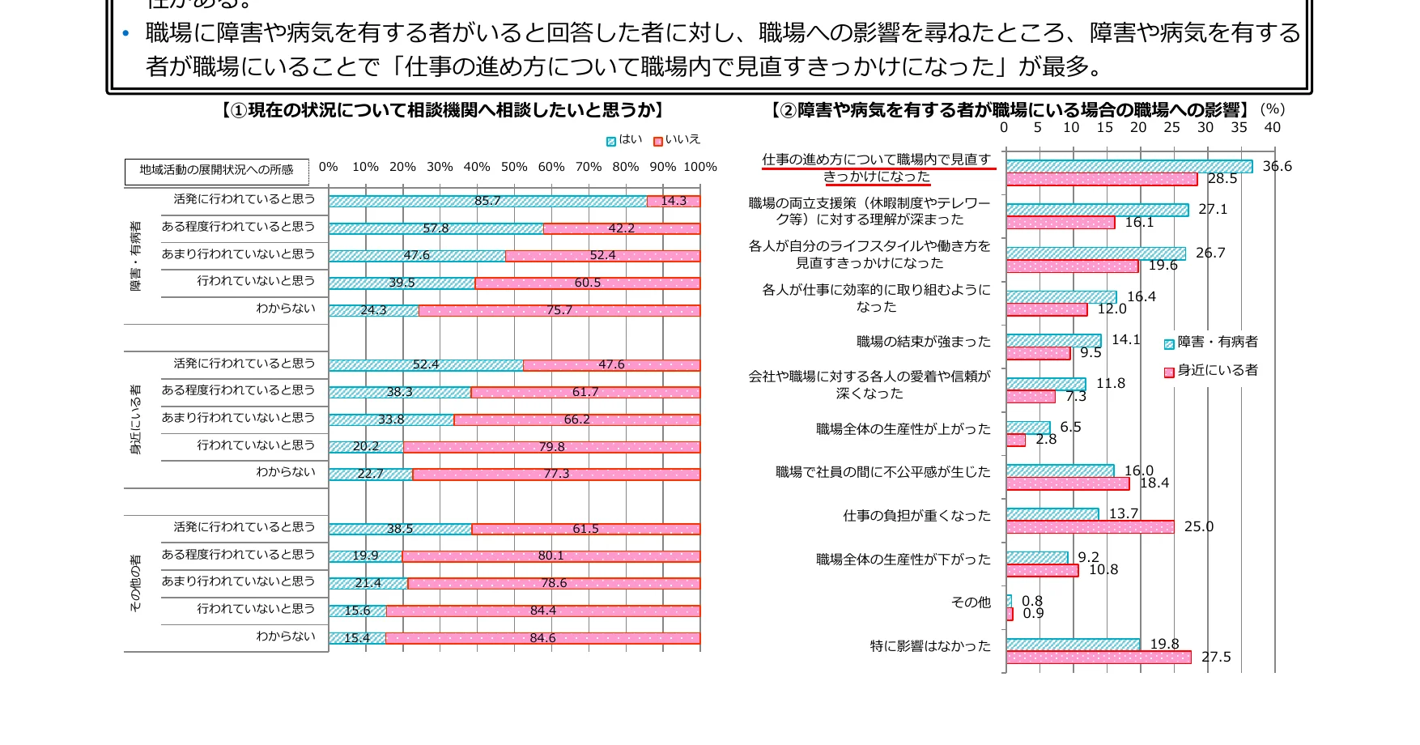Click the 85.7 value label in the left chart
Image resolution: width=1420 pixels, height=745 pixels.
487,201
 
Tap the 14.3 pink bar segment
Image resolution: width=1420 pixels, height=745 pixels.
674,201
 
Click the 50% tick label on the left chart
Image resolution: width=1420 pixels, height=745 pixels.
514,167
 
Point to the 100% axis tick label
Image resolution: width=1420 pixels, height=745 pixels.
700,167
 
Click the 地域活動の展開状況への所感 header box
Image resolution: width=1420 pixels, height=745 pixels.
216,170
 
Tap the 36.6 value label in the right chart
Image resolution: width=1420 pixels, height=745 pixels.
1277,166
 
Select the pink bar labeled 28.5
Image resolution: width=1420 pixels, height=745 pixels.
1101,179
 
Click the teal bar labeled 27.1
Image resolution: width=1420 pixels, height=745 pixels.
1097,210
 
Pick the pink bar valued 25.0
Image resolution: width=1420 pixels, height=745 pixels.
1090,527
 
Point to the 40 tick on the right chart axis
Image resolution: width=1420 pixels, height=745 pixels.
1273,127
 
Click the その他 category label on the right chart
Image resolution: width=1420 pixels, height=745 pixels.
971,602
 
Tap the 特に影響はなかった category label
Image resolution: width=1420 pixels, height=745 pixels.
930,646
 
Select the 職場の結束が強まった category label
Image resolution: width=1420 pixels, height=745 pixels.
924,342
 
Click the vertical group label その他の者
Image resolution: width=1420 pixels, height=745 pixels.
136,583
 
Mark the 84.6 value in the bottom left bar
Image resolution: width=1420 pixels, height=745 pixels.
542,638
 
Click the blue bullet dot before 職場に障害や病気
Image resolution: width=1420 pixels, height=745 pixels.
125,33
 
